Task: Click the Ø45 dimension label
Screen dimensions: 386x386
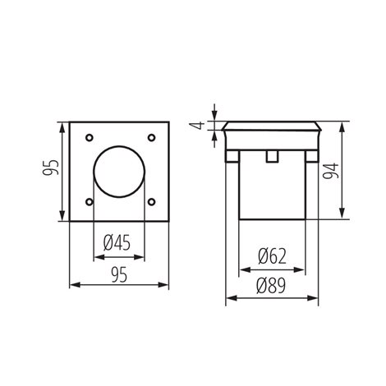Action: [117, 243]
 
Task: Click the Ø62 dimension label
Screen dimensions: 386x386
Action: [272, 256]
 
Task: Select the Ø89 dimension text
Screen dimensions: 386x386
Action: [271, 286]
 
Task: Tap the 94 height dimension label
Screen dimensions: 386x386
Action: [331, 171]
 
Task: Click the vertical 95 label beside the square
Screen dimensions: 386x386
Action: [51, 168]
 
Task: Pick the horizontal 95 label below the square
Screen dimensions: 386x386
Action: [119, 275]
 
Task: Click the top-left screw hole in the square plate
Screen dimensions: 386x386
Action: [90, 138]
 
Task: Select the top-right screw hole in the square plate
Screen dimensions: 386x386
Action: [151, 138]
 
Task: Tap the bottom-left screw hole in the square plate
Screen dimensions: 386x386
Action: [90, 202]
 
